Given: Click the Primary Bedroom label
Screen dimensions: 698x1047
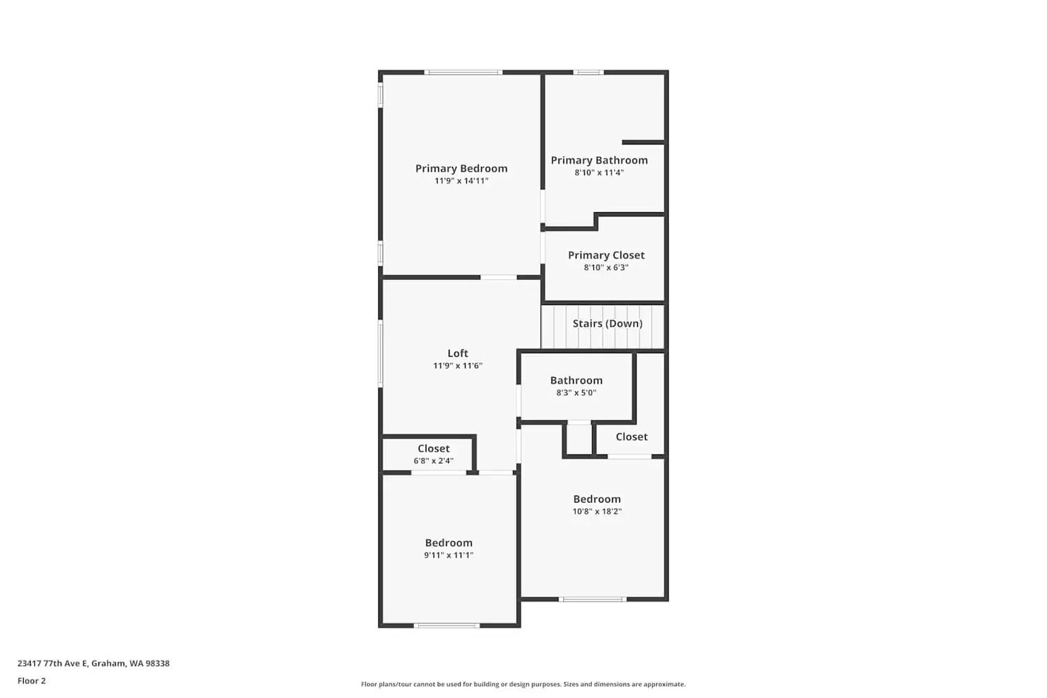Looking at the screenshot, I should (x=461, y=168).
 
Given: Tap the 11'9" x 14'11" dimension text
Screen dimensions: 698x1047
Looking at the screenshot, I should (x=461, y=181).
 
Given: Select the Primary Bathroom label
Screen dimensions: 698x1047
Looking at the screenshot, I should (x=599, y=160).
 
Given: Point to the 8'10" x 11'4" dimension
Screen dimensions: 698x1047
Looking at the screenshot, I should (x=599, y=172).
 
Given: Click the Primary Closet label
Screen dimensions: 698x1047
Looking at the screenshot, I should (x=606, y=255).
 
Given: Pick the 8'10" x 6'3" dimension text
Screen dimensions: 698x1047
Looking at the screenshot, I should (x=606, y=267).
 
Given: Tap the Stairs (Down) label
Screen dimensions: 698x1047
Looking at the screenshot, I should (x=607, y=323).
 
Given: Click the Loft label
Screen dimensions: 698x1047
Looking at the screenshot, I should (x=458, y=353).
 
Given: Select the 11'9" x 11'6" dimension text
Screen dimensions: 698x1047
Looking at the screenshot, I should (x=458, y=366).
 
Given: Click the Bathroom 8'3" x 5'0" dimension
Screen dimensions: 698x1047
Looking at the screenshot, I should (x=576, y=393).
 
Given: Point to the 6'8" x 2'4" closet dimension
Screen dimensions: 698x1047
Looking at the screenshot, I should (x=433, y=461).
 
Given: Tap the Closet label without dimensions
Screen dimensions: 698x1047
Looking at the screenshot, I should (x=631, y=436).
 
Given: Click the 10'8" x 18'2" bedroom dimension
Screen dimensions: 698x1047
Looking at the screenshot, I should (x=597, y=512).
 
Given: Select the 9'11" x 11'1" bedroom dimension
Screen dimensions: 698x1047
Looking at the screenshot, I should (x=449, y=556).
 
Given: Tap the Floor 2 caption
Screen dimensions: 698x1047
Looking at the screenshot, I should (x=31, y=681).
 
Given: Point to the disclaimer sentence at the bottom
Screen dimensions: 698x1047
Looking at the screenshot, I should (x=523, y=684).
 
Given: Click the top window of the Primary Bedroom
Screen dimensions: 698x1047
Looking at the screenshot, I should (x=463, y=72).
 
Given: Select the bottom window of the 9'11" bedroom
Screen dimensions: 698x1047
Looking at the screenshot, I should (x=447, y=625).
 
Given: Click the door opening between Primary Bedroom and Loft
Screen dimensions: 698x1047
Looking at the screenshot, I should (x=498, y=277).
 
